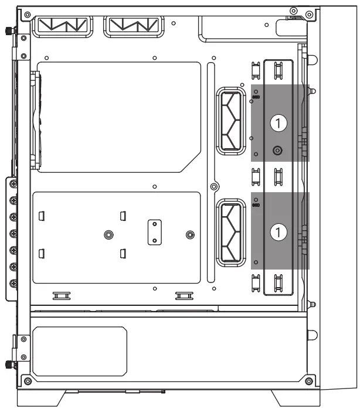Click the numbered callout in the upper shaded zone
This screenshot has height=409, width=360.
279,123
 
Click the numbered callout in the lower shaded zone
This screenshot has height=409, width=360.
279,232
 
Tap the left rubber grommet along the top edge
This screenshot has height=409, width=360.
62,26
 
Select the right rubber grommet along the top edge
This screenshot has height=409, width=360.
134,26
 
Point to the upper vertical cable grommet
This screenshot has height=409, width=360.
231,121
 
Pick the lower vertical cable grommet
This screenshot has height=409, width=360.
231,233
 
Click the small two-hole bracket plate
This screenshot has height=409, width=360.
155,232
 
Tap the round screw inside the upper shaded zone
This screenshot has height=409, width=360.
277,150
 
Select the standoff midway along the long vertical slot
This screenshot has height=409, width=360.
214,186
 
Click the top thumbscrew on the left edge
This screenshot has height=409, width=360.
9,31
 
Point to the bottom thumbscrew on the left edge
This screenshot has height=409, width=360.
9,364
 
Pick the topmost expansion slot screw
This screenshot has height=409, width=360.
13,184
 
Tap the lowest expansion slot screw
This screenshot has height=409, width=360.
13,284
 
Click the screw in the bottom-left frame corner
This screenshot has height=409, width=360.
28,381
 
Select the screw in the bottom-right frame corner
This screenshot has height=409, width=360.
309,381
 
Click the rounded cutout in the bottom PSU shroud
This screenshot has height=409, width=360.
80,351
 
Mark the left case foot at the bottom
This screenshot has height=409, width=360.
41,398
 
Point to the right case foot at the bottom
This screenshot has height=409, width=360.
296,398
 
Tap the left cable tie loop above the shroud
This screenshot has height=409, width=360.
62,296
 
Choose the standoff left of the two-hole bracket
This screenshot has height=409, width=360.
108,234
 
